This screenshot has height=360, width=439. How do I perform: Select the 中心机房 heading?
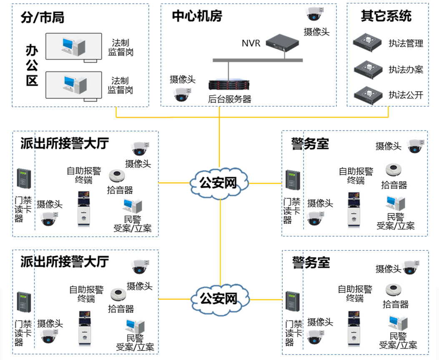point(197,16)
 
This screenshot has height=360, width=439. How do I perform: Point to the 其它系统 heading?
point(386,16)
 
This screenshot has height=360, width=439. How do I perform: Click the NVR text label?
point(251,43)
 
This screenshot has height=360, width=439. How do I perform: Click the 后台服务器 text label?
point(230,99)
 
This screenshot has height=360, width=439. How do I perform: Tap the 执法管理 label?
point(406,43)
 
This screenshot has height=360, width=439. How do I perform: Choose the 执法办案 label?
point(406,69)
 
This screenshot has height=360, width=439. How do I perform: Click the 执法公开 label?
point(406,95)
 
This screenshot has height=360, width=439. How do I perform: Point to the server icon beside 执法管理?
point(368,42)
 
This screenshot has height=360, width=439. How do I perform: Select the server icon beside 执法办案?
point(368,68)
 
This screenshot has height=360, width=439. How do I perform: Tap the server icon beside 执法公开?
point(368,94)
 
